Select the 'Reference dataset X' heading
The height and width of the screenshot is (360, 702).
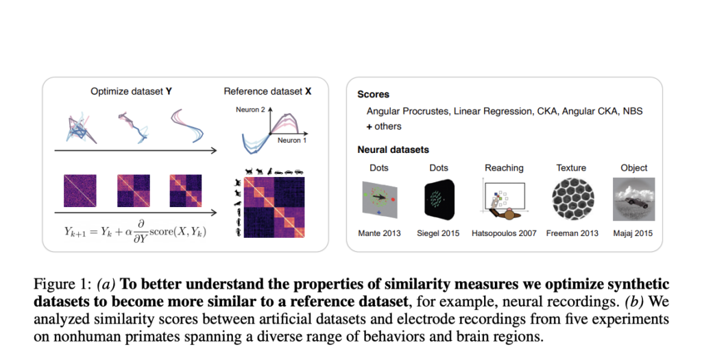(x=267, y=91)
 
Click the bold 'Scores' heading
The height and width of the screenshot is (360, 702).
(x=373, y=94)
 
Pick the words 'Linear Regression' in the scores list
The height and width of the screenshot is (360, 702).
(x=485, y=110)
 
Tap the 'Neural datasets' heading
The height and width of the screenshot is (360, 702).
(x=394, y=149)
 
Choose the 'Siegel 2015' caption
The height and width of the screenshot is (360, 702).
(x=438, y=233)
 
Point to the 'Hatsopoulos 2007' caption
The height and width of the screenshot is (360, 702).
(x=504, y=233)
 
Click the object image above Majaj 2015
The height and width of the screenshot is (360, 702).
(x=633, y=200)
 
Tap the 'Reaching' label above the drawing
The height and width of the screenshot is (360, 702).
(x=504, y=168)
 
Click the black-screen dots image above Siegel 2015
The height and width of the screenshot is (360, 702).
(x=438, y=200)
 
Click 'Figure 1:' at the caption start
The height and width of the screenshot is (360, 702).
(x=61, y=284)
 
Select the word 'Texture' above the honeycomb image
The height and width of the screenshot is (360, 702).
(x=571, y=168)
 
